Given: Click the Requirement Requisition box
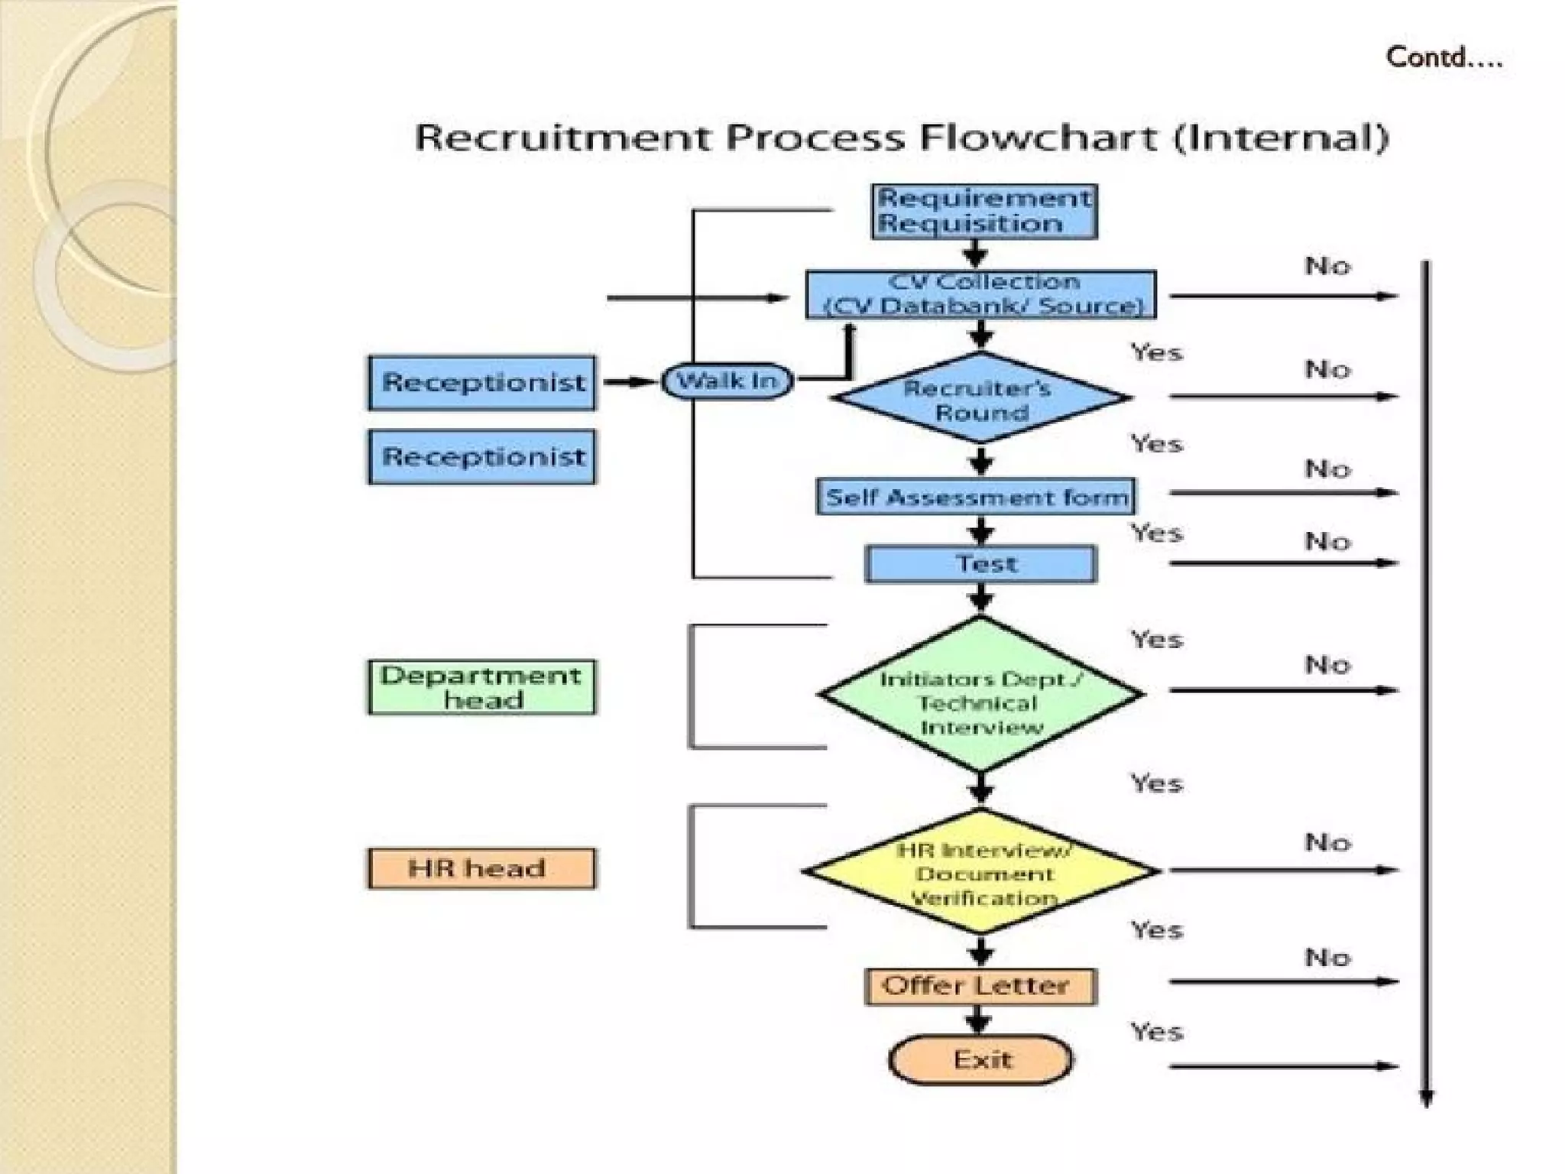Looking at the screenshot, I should coord(984,212).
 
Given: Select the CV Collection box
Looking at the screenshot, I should coord(981,294).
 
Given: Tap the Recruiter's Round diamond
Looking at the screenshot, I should coord(981,398).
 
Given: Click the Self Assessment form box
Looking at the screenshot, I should coord(976,497).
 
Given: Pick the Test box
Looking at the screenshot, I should coord(981,564).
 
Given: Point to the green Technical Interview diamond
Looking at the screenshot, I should coord(981,694).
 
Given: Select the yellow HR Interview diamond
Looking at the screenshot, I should coord(981,871).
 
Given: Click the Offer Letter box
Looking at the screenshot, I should coord(981,986).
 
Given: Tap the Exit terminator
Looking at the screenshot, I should coord(981,1060).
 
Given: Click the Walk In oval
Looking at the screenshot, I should coord(727,381).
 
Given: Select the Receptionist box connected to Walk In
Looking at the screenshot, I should coord(482,382).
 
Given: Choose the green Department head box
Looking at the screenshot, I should coord(482,687).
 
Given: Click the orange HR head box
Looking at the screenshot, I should coord(482,868).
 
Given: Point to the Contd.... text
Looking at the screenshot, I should coord(1443,58).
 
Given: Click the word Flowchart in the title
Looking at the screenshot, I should coord(1038,138).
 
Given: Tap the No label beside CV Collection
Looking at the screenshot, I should coord(1327,266).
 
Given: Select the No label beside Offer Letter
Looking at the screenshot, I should coord(1327,957).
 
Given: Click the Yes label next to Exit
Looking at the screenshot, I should coord(1157,1032).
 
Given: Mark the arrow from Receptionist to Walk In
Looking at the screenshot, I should coord(630,381).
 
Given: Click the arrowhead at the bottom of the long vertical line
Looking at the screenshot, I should coord(1426,1098).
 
